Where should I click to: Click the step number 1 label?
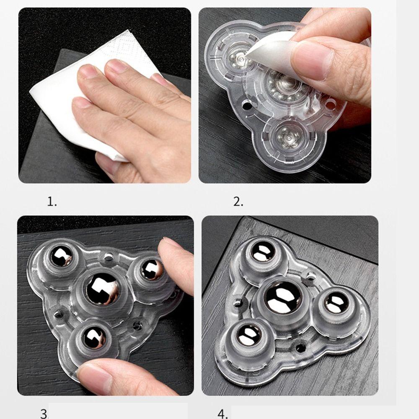pos(52,202)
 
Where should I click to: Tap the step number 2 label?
pos(238,202)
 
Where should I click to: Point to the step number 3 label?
pos(44,414)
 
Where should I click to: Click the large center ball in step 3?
pos(103,289)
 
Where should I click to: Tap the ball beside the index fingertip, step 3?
pos(151,269)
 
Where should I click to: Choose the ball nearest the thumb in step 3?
pos(95,337)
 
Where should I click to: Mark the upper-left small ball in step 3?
pos(62,256)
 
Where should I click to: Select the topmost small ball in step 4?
pos(264,251)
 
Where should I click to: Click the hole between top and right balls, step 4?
pos(310,276)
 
